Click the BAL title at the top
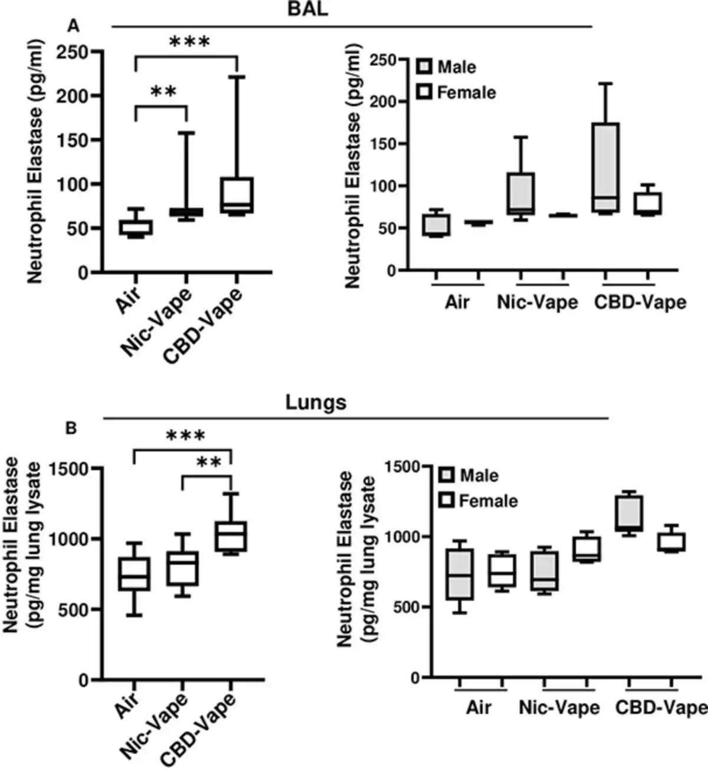pyautogui.click(x=308, y=9)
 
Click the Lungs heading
pyautogui.click(x=316, y=403)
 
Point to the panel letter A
pyautogui.click(x=73, y=25)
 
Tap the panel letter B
pyautogui.click(x=71, y=429)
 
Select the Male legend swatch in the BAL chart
pyautogui.click(x=424, y=67)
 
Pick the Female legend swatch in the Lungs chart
pyautogui.click(x=446, y=500)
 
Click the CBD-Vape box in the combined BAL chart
pyautogui.click(x=237, y=195)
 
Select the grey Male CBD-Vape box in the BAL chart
pyautogui.click(x=605, y=167)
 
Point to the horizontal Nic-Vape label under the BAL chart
pyautogui.click(x=537, y=302)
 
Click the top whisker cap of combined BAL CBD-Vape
pyautogui.click(x=237, y=77)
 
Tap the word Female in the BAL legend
pyautogui.click(x=466, y=93)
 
